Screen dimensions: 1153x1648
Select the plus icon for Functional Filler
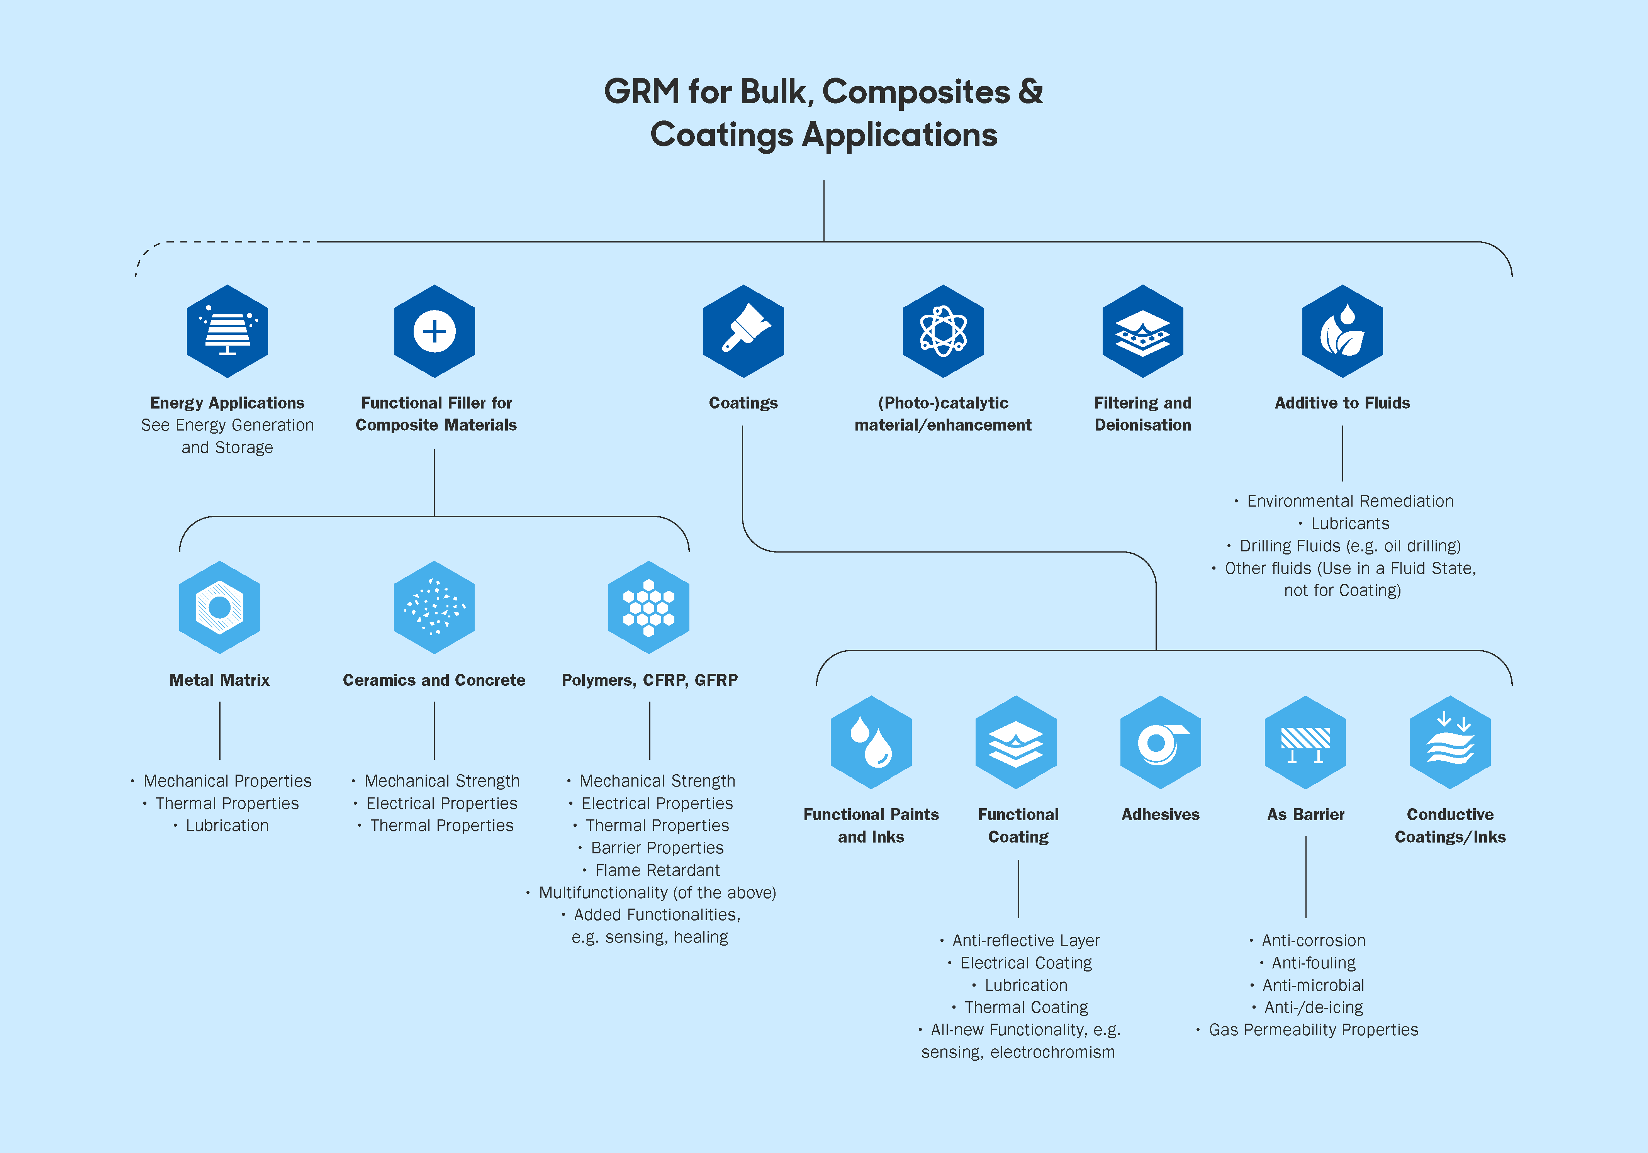click(x=434, y=331)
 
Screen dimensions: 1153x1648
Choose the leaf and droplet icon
click(x=1342, y=331)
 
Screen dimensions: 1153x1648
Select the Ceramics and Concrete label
click(x=434, y=680)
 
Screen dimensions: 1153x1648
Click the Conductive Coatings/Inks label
click(x=1450, y=826)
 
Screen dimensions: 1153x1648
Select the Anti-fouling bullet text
click(x=1314, y=963)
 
